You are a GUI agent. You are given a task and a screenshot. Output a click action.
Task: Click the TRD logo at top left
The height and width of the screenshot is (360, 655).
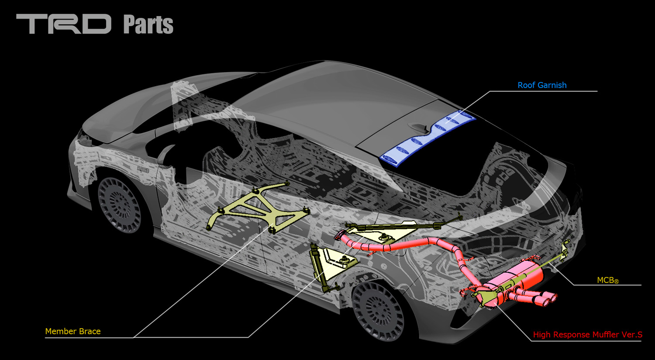pyautogui.click(x=64, y=24)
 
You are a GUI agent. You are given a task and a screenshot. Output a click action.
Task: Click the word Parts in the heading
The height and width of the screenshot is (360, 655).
pyautogui.click(x=148, y=24)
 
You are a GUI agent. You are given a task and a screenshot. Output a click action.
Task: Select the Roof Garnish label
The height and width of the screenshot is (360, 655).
pyautogui.click(x=542, y=85)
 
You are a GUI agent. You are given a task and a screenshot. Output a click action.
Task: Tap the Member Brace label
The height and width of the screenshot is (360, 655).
pyautogui.click(x=73, y=331)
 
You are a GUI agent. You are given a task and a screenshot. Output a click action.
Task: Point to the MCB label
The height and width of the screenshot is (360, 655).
pyautogui.click(x=608, y=280)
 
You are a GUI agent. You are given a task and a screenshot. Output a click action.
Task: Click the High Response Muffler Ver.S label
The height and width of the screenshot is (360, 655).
pyautogui.click(x=587, y=335)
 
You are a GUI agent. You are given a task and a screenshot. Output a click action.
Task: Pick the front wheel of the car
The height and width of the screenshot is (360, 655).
pyautogui.click(x=119, y=205)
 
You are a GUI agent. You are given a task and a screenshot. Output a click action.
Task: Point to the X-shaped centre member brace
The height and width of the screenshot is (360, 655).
pyautogui.click(x=258, y=208)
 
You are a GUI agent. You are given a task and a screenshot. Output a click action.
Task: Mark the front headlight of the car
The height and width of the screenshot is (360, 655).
pyautogui.click(x=84, y=139)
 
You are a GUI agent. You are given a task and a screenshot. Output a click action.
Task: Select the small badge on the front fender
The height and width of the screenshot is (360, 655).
pyautogui.click(x=143, y=169)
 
